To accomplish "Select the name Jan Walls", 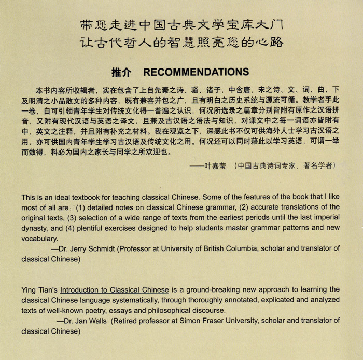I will (x=90, y=320).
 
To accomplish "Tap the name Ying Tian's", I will (x=39, y=289).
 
